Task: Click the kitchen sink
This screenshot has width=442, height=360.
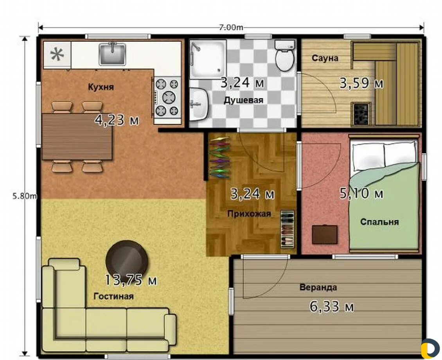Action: pyautogui.click(x=112, y=54)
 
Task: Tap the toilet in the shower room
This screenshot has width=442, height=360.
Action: pyautogui.click(x=285, y=56)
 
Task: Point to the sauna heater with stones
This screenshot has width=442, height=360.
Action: pyautogui.click(x=361, y=113)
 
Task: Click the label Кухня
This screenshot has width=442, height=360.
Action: pyautogui.click(x=101, y=87)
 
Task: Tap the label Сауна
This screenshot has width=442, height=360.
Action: pyautogui.click(x=325, y=58)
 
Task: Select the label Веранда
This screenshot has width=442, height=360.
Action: pyautogui.click(x=318, y=288)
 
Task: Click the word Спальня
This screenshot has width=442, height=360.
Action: pyautogui.click(x=379, y=222)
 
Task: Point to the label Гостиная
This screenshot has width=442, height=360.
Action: pyautogui.click(x=113, y=296)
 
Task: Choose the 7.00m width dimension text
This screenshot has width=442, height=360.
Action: pyautogui.click(x=231, y=27)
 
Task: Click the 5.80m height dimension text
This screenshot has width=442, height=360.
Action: pyautogui.click(x=25, y=196)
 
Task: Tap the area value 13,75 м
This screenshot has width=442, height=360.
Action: pyautogui.click(x=131, y=280)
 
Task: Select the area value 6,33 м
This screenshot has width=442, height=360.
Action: pyautogui.click(x=332, y=306)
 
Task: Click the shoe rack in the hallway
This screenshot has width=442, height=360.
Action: pyautogui.click(x=287, y=229)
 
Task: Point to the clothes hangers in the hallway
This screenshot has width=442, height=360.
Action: pyautogui.click(x=220, y=157)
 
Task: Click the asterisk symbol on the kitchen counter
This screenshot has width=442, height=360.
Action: pyautogui.click(x=57, y=54)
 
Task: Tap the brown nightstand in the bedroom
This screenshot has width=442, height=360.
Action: pyautogui.click(x=325, y=234)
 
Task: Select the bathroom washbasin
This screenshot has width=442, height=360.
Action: pyautogui.click(x=198, y=104)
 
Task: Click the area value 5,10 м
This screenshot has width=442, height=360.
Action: pyautogui.click(x=361, y=194)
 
